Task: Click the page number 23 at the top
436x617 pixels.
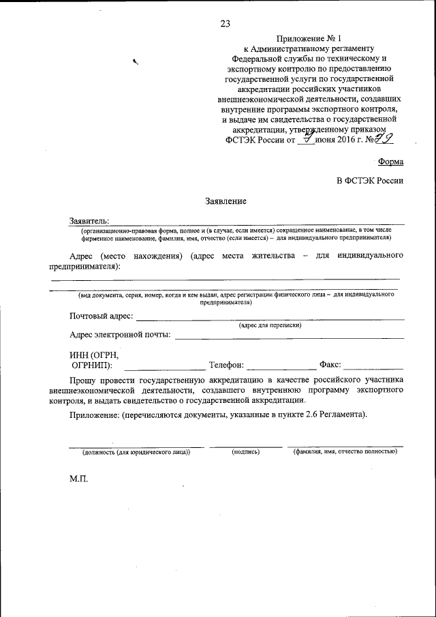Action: tap(225, 24)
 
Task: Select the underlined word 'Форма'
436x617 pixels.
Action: tap(390, 162)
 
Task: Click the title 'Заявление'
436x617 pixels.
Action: tap(225, 201)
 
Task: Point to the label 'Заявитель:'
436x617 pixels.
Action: tap(89, 221)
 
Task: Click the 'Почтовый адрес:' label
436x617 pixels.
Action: tap(102, 316)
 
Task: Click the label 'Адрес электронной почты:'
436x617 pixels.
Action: tap(121, 335)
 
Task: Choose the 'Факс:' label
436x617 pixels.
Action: tap(330, 365)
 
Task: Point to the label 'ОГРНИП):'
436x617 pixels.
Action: tap(91, 365)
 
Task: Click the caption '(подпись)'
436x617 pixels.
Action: tap(245, 452)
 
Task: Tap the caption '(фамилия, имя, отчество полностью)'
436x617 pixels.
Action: tap(345, 452)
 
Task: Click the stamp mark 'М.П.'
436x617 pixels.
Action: tap(79, 479)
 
